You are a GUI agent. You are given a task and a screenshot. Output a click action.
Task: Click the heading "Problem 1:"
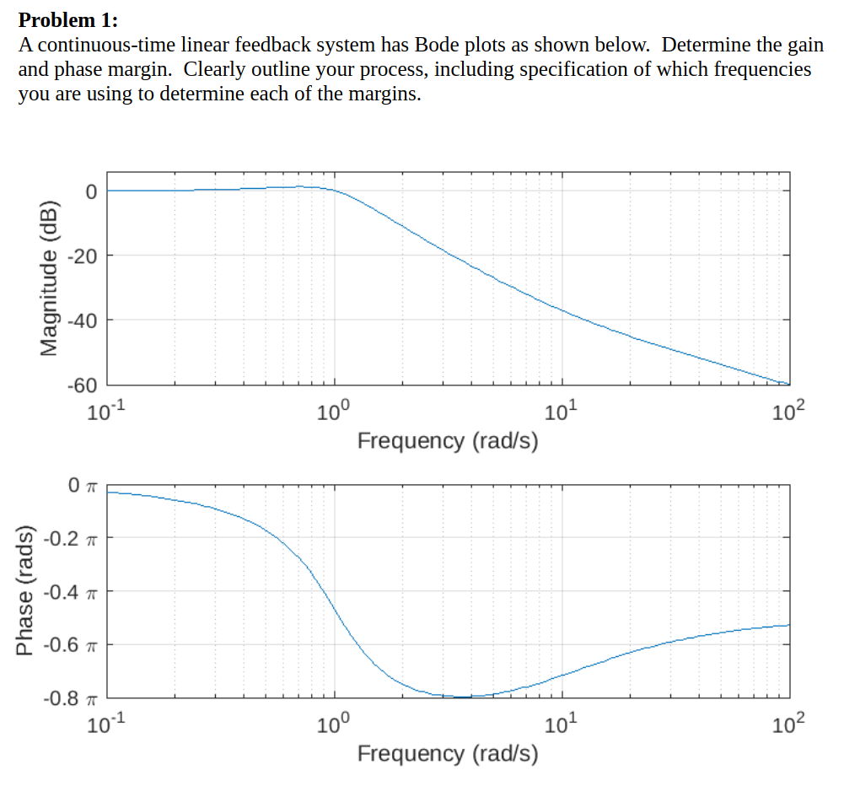tap(68, 19)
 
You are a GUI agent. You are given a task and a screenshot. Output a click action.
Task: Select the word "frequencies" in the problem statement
tap(762, 69)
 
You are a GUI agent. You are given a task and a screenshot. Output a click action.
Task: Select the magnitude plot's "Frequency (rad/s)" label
tap(448, 441)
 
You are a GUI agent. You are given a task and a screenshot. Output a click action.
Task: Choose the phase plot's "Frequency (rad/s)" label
tap(448, 752)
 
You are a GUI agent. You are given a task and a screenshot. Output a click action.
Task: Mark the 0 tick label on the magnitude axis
tap(90, 191)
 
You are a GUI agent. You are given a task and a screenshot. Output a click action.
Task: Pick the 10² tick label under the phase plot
tap(789, 723)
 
